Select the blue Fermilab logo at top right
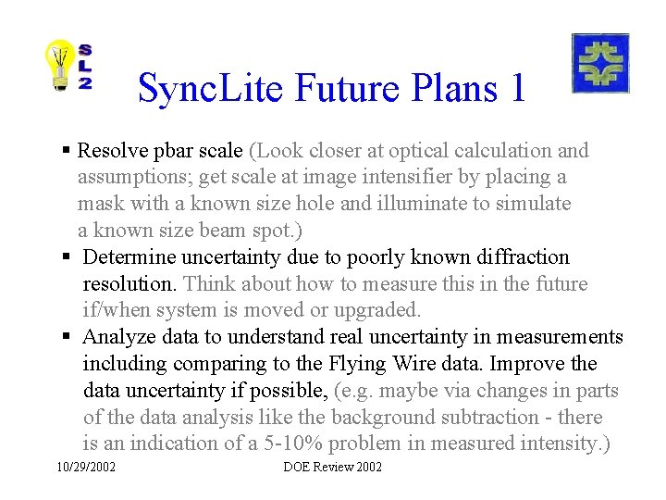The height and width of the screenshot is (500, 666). (600, 63)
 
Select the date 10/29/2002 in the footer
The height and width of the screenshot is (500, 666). (85, 468)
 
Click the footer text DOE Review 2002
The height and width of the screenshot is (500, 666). (332, 468)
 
